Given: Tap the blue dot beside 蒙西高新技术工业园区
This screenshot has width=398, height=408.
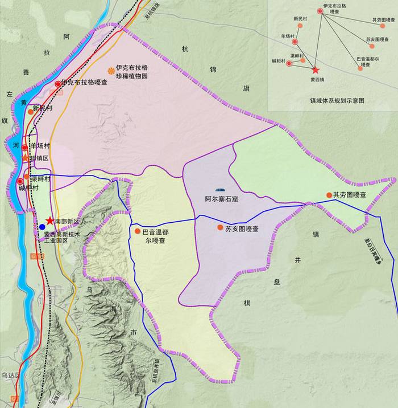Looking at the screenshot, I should pos(42,227).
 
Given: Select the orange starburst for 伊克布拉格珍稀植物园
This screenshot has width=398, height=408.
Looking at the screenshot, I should pos(110,71).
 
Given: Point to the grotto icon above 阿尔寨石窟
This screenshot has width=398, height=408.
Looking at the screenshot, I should pos(220,190).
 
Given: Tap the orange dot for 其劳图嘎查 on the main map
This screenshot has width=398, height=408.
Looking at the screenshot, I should pos(329,195).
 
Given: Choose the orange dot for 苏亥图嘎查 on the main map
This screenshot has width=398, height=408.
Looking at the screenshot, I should pos(220,228).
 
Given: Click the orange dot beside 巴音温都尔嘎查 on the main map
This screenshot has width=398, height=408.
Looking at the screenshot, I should pos(138,231).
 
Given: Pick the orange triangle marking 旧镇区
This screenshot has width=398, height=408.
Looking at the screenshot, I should pos(25,157).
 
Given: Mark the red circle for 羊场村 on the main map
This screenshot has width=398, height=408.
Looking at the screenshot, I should pos(25,148).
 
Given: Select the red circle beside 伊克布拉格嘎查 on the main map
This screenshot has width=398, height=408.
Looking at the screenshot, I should pos(57,84).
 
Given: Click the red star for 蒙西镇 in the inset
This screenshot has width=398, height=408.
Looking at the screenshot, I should pos(316,70).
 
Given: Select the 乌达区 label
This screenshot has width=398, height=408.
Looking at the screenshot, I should pos(10,376).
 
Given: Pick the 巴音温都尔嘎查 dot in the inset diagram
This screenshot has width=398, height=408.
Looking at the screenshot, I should pos(360,68).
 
